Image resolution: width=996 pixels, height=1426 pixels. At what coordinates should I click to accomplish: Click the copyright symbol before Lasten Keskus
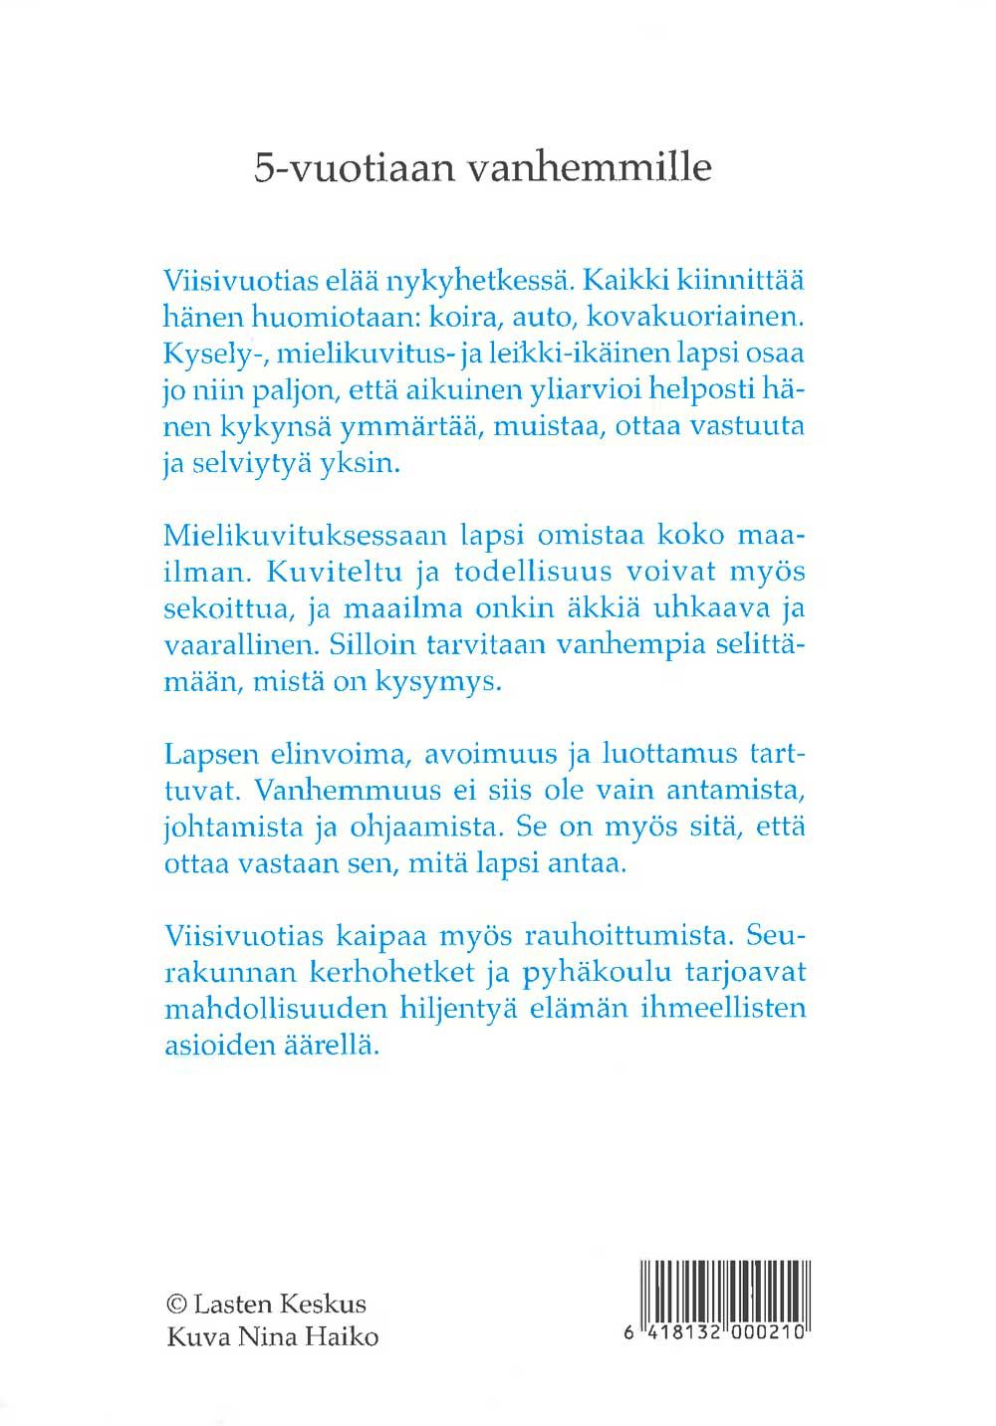pyautogui.click(x=176, y=1304)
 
